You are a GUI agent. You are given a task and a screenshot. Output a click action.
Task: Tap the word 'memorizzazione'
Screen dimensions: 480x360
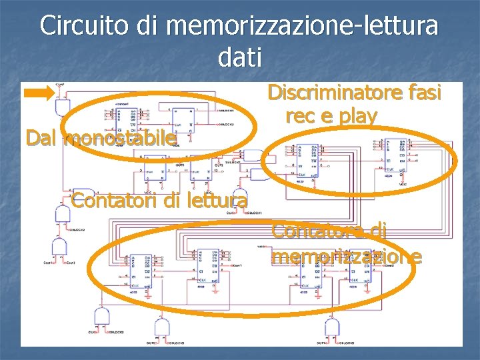(x=346, y=256)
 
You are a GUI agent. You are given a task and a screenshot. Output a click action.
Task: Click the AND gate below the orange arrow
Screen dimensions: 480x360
(x=63, y=107)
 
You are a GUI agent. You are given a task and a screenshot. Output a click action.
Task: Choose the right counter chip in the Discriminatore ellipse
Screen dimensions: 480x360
(x=398, y=153)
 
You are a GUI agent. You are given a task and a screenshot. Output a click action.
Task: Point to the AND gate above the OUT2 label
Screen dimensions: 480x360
(x=161, y=327)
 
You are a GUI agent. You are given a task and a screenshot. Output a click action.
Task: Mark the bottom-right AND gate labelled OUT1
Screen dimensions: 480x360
(x=331, y=327)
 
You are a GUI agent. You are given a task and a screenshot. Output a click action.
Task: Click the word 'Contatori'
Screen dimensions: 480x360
(x=100, y=199)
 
